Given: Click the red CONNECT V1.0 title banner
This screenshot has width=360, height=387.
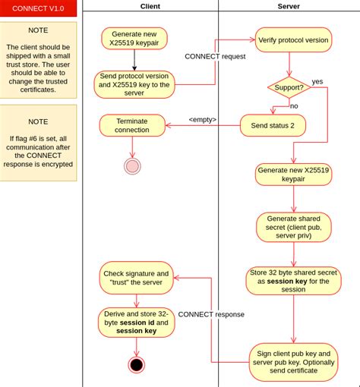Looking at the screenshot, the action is click(x=38, y=8).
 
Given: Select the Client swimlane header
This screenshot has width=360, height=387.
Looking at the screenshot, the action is click(x=150, y=6).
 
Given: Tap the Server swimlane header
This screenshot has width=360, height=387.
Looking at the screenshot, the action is click(x=289, y=6).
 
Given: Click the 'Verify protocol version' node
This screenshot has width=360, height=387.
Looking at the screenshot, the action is click(x=293, y=40).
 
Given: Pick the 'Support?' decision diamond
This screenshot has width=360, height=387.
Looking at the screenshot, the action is click(x=289, y=87).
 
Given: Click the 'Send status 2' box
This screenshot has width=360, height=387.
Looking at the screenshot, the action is click(x=273, y=125).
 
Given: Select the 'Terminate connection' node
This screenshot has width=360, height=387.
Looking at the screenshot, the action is click(x=132, y=125).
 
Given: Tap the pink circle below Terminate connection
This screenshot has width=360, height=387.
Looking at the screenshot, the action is click(x=132, y=166).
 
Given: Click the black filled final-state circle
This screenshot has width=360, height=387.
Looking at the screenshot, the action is click(x=137, y=365).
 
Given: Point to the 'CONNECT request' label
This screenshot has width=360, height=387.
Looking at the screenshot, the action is click(x=215, y=56).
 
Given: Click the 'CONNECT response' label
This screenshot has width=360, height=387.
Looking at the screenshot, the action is click(x=211, y=314).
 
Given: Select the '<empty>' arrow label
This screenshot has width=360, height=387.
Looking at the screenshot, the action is click(x=203, y=119).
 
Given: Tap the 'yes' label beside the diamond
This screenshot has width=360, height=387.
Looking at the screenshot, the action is click(x=317, y=81).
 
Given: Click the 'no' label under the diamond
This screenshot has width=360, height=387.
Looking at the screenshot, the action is click(x=294, y=106).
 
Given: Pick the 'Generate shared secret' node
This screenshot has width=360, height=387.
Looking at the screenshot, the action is click(x=294, y=227).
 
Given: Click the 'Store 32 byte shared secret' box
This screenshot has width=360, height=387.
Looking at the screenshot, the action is click(x=293, y=281).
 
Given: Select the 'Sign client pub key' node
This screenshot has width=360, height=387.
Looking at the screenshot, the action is click(x=293, y=362).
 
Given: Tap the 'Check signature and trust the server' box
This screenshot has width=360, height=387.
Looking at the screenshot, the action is click(x=136, y=278).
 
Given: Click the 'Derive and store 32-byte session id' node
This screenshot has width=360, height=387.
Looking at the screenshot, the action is click(x=136, y=322).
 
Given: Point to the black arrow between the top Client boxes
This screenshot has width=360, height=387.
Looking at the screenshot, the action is click(x=134, y=60).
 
